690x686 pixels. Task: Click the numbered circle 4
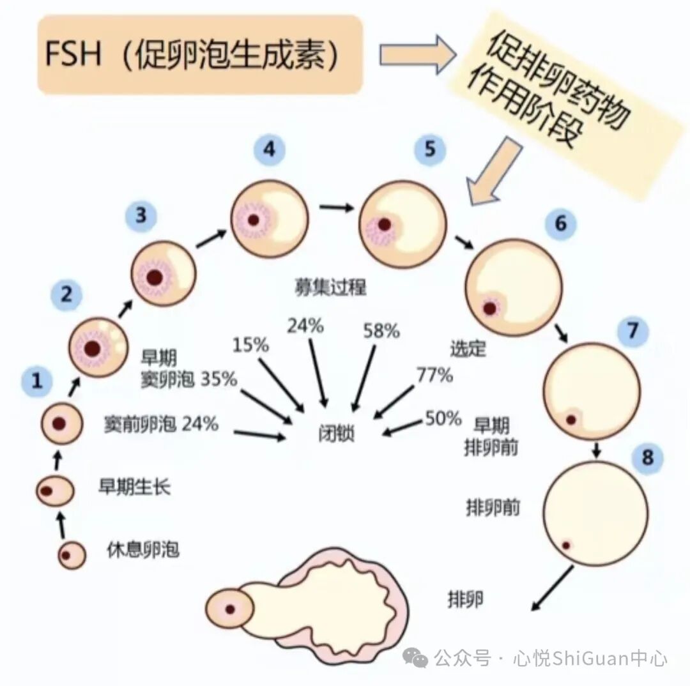click(x=269, y=151)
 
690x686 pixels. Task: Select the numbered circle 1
click(x=37, y=382)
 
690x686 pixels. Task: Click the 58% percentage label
click(x=381, y=331)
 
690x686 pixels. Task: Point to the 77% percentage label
click(x=434, y=376)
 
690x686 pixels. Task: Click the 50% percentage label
click(x=443, y=419)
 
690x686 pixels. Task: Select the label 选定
click(x=468, y=349)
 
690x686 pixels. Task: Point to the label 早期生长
click(x=134, y=487)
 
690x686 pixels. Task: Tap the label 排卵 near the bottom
click(x=465, y=600)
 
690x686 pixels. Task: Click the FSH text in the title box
click(x=73, y=55)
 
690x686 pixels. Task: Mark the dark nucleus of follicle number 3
click(x=154, y=277)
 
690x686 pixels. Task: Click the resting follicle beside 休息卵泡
click(x=72, y=555)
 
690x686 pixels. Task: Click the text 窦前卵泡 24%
click(x=161, y=423)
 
